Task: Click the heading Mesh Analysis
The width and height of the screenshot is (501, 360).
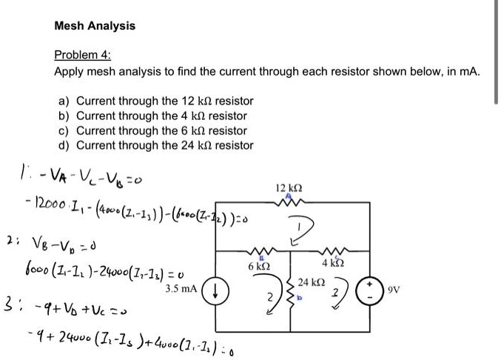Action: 95,26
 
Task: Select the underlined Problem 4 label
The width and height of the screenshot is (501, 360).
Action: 81,56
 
